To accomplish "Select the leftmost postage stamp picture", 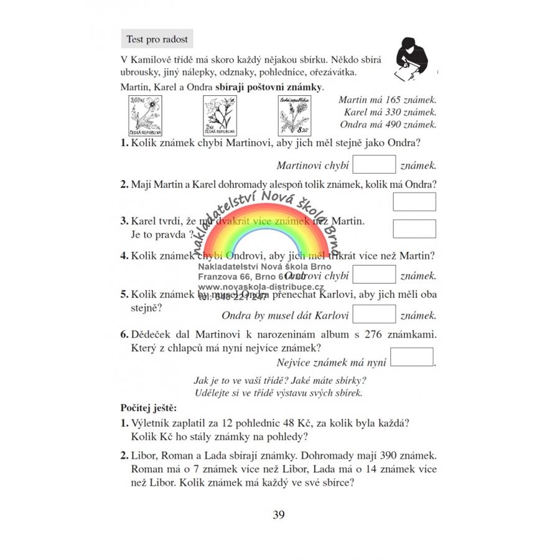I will pos(144,116).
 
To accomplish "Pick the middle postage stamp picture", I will pos(220,117).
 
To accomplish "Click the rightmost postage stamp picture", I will pos(294,116).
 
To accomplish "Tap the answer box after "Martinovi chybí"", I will pos(374,165).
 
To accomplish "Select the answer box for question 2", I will pos(414,202).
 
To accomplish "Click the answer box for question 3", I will pos(414,228).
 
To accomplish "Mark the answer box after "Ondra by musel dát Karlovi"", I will pos(374,314).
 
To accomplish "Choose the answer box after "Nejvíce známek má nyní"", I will pos(411,357).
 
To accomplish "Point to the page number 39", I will pos(279,515).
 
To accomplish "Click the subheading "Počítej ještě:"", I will pos(148,408).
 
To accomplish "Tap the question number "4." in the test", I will pos(124,255).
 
